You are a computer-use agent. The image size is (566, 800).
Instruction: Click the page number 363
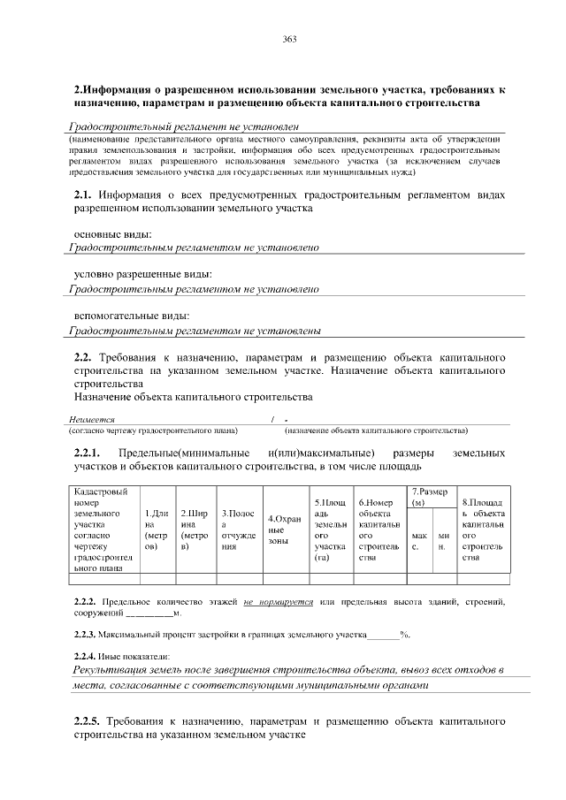click(x=288, y=39)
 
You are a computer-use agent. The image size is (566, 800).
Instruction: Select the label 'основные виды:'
click(x=111, y=233)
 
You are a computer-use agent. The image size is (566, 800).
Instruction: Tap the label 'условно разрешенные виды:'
click(x=136, y=274)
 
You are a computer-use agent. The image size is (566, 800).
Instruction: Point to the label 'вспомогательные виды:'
click(x=131, y=316)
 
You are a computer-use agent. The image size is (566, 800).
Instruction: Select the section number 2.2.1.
click(x=90, y=453)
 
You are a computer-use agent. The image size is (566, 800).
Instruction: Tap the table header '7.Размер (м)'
click(x=430, y=496)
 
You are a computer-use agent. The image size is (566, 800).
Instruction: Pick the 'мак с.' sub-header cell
click(x=419, y=540)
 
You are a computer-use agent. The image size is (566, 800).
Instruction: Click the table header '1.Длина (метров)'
click(x=156, y=529)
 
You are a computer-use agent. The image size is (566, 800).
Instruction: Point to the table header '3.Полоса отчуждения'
click(x=238, y=529)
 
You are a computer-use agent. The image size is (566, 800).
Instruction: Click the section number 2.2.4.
click(x=88, y=655)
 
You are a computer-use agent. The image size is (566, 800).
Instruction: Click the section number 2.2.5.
click(x=90, y=721)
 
